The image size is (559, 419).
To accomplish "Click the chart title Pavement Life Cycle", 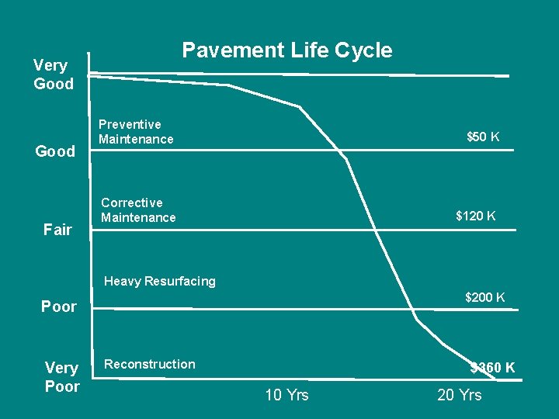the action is (x=287, y=50).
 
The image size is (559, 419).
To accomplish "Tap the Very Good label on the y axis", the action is (x=54, y=74).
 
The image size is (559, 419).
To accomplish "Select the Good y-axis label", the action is (x=55, y=151).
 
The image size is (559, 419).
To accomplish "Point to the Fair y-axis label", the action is (x=57, y=230).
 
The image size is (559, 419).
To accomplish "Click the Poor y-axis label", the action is (x=59, y=306).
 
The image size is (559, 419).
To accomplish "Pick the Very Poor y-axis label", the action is (x=62, y=377).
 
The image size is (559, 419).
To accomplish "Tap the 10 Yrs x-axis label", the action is (x=287, y=395).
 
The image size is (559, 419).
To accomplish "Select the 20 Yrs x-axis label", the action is (x=460, y=395).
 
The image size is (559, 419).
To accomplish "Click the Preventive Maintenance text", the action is (x=136, y=132).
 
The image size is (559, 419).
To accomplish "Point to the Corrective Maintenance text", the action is (x=138, y=210).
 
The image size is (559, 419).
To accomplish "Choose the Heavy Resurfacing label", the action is (x=160, y=282).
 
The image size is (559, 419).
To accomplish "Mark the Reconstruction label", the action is (x=150, y=364).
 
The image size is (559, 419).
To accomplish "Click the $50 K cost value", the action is (x=483, y=137).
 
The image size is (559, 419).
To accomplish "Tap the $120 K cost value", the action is (x=476, y=216).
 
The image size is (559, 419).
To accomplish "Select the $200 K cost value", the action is (x=484, y=297).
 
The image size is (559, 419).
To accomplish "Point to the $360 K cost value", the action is (x=493, y=367).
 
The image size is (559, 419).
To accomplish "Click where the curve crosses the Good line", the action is (x=339, y=150).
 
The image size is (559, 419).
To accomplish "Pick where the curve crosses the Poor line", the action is (x=411, y=310).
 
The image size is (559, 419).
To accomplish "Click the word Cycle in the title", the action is (x=363, y=50).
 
